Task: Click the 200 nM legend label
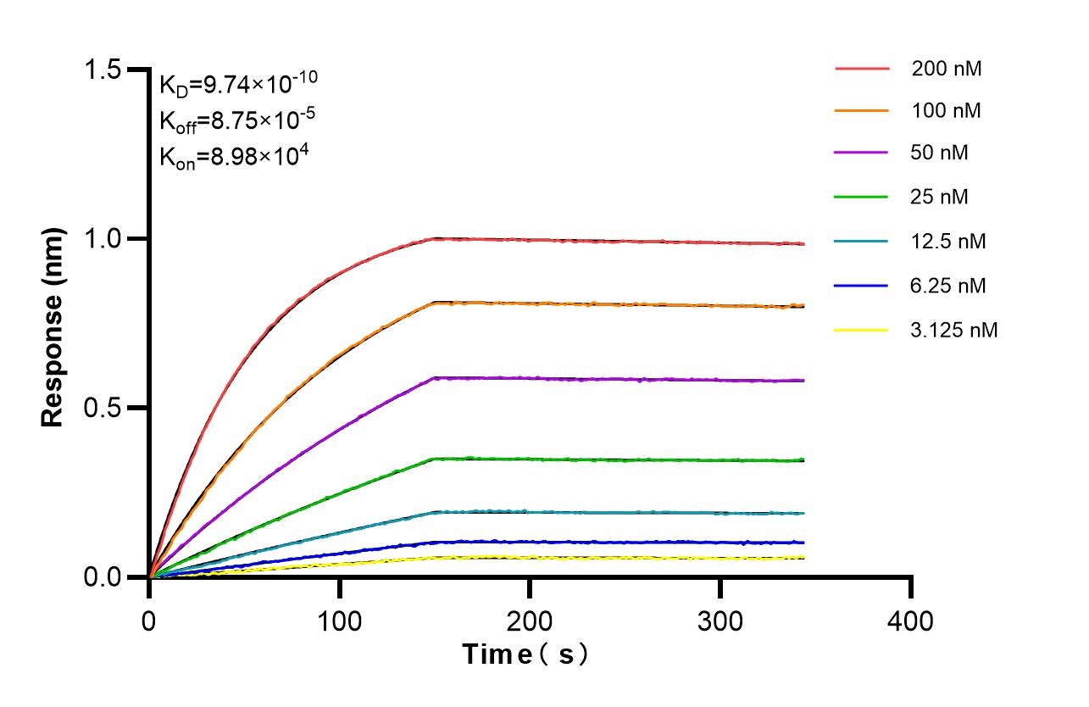pos(947,69)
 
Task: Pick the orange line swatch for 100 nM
pos(862,111)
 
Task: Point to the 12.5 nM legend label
pos(948,242)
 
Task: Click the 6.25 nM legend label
pos(948,286)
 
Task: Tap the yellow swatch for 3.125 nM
pos(862,329)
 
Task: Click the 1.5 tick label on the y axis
pos(105,70)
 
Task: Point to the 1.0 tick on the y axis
pos(105,239)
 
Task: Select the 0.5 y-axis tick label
pos(105,408)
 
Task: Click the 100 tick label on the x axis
pos(340,621)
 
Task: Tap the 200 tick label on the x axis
pos(530,621)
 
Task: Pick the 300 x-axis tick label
pos(720,621)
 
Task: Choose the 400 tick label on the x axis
pos(911,621)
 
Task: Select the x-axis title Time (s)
pos(525,654)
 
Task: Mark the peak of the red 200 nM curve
pos(436,238)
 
